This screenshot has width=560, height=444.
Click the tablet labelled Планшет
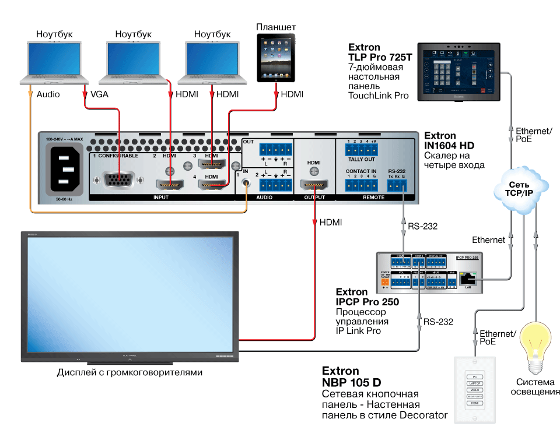click(276, 58)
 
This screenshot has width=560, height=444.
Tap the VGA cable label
click(99, 94)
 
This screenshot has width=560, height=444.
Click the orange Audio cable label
click(48, 94)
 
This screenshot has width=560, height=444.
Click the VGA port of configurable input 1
click(119, 181)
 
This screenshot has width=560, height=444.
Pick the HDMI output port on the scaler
click(314, 186)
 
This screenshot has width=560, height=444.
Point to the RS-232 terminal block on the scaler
click(397, 185)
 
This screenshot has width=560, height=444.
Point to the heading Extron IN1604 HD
click(449, 140)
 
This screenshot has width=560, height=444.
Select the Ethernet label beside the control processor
click(488, 239)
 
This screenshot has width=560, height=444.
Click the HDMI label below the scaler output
click(331, 222)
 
